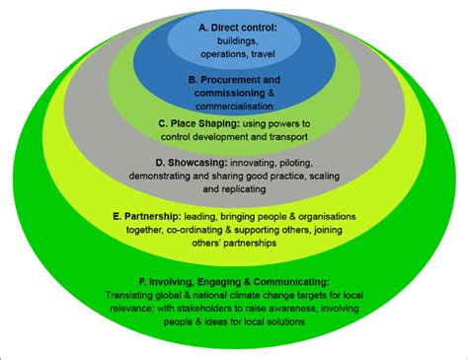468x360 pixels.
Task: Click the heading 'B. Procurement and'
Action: [x=234, y=78]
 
